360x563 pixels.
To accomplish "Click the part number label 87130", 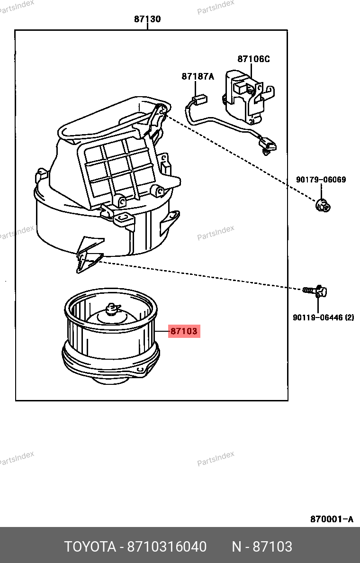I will pyautogui.click(x=147, y=19).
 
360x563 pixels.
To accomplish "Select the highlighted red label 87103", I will pyautogui.click(x=184, y=331).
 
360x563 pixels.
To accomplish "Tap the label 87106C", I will pyautogui.click(x=253, y=59).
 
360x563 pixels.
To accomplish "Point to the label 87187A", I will pyautogui.click(x=198, y=76).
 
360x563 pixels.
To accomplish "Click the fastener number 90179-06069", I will pyautogui.click(x=321, y=180).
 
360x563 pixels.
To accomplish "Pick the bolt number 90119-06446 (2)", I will pyautogui.click(x=323, y=318).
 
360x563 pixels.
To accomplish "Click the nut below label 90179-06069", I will pyautogui.click(x=323, y=205).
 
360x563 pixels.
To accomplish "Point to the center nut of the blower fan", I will pyautogui.click(x=112, y=309).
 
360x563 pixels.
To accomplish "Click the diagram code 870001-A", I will pyautogui.click(x=332, y=519).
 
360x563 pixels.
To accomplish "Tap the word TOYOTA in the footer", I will pyautogui.click(x=90, y=547).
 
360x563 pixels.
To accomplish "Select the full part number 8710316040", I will pyautogui.click(x=167, y=547).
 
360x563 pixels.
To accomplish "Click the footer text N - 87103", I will pyautogui.click(x=261, y=547).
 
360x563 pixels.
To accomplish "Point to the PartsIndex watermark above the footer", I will pyautogui.click(x=216, y=458).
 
